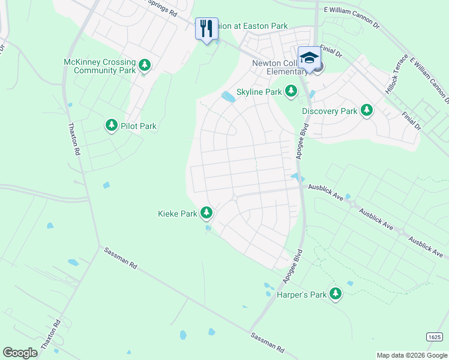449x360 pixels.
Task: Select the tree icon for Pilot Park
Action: coord(111,125)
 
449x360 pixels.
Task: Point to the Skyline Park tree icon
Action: coord(291,91)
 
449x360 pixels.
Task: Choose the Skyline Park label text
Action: coord(259,92)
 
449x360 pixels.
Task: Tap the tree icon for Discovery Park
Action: coord(366,110)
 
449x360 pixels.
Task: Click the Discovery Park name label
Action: coord(330,111)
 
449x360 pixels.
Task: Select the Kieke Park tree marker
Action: coord(206,212)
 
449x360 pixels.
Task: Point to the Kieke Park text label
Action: coord(177,214)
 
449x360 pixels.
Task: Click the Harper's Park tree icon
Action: coord(336,293)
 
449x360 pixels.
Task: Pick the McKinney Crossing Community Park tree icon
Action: coord(144,65)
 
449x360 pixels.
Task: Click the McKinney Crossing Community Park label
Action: coord(100,66)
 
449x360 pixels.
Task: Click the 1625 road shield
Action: coord(435,337)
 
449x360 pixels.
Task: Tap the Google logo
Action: coord(20,352)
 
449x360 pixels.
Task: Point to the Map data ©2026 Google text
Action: coord(411,355)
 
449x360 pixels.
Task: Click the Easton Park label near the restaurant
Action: coord(252,26)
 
